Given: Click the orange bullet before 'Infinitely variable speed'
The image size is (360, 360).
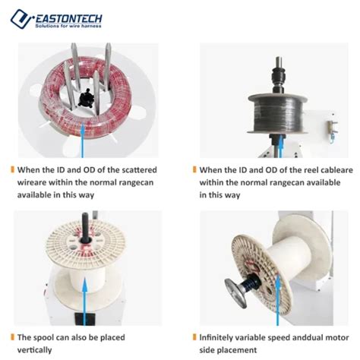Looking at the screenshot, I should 194,336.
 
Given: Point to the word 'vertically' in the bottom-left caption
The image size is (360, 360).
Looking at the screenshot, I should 35,349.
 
